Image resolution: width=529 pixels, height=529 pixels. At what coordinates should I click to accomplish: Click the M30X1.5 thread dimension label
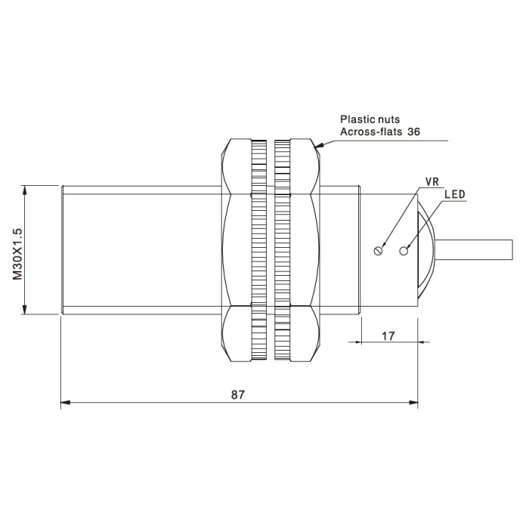[x=17, y=255]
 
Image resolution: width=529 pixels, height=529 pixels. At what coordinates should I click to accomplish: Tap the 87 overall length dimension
[x=238, y=394]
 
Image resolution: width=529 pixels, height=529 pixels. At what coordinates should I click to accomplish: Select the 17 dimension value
[x=388, y=336]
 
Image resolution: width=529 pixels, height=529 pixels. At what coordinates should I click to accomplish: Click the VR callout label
[x=432, y=182]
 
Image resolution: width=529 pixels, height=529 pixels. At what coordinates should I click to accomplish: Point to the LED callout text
[x=455, y=194]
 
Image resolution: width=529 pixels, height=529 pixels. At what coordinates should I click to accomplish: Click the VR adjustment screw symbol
[x=378, y=251]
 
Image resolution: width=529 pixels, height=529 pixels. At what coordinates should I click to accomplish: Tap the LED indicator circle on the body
[x=404, y=251]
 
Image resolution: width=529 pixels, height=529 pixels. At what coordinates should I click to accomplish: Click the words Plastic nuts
[x=370, y=119]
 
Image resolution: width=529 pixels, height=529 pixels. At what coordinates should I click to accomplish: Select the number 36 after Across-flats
[x=413, y=131]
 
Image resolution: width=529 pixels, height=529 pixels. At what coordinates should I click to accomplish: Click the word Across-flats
[x=371, y=131]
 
